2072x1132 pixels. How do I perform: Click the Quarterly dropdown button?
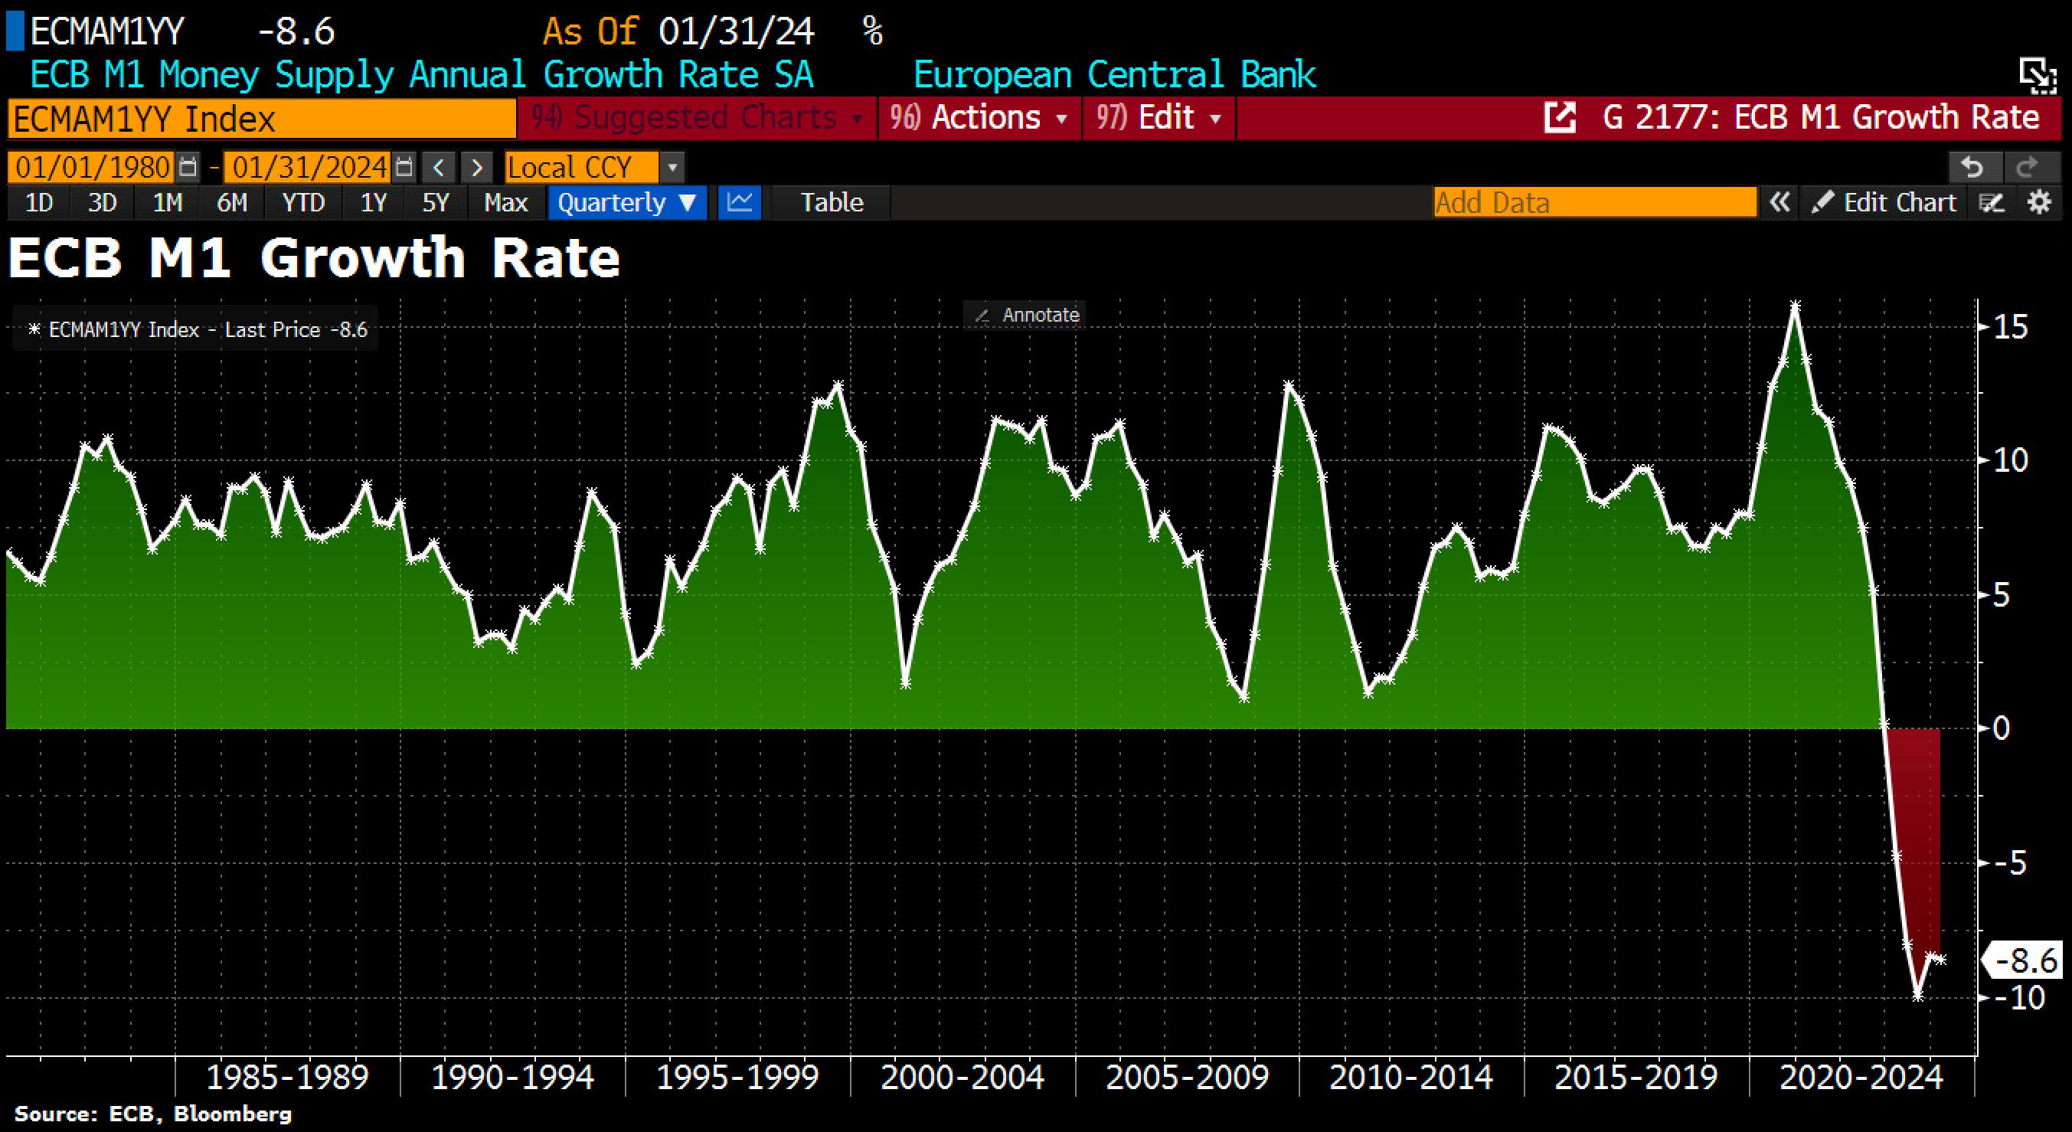626,202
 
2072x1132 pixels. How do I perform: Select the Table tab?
831,202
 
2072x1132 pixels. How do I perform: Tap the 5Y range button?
435,202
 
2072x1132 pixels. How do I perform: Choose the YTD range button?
302,202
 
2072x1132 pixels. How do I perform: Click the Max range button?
505,202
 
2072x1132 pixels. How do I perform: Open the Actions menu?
979,118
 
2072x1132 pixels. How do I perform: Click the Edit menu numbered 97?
1159,118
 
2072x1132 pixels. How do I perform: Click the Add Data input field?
1594,202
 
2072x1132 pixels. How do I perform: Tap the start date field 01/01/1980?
93,167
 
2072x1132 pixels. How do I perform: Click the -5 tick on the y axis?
2008,863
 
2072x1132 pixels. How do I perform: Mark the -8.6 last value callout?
2025,960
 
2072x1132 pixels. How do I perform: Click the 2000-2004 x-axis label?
962,1078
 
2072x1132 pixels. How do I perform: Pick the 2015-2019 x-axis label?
1636,1078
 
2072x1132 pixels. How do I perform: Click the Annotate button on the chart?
1027,315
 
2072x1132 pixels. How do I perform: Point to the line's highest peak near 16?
1795,305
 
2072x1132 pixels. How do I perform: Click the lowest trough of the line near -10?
1917,995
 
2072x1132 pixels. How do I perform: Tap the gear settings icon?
2039,202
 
